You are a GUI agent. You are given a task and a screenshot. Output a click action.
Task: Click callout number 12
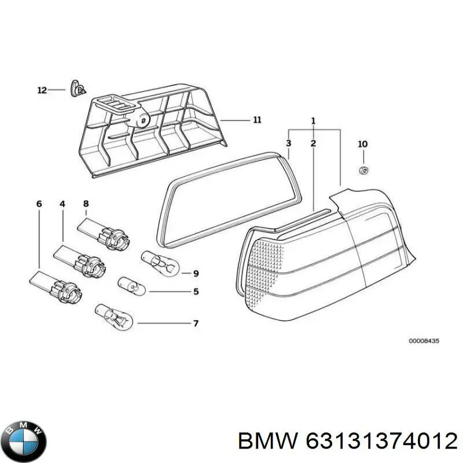pos(41,90)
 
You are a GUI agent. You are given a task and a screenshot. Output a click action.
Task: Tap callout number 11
pos(257,120)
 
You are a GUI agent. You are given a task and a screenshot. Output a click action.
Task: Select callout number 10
pos(362,144)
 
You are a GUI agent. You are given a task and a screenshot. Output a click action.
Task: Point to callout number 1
pos(313,121)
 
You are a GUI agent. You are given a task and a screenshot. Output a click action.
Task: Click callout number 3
pos(288,143)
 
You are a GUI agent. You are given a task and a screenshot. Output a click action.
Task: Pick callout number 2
pos(313,143)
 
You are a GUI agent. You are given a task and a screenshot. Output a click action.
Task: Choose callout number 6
pos(39,204)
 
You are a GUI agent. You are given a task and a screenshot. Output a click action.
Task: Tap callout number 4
pos(62,204)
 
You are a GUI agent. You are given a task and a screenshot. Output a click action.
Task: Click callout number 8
pos(86,204)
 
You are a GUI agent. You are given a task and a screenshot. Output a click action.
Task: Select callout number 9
pos(196,273)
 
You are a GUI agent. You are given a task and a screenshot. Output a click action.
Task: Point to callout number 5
pos(196,292)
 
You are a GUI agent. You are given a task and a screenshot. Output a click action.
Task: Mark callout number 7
pos(196,323)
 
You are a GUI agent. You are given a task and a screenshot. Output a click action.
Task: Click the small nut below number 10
pos(363,171)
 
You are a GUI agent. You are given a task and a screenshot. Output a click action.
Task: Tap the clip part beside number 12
pos(77,88)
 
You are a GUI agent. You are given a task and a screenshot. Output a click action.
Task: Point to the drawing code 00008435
pos(424,341)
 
